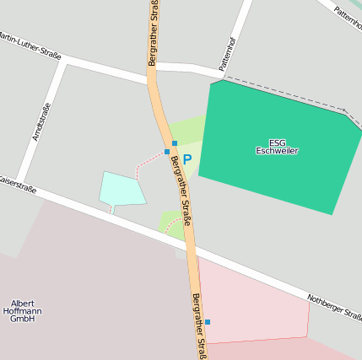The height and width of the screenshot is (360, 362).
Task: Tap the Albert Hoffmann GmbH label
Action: [x=23, y=311]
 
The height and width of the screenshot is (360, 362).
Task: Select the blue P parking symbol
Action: [x=187, y=159]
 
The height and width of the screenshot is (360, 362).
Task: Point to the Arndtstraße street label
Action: [x=41, y=121]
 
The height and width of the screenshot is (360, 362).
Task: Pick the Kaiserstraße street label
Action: [x=17, y=185]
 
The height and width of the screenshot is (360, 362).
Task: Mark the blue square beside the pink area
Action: [x=208, y=322]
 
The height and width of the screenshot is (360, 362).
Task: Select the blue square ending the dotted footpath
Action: [x=167, y=152]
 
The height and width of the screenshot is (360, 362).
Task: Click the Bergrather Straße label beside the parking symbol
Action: [x=181, y=191]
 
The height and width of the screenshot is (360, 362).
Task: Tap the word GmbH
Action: [x=23, y=320]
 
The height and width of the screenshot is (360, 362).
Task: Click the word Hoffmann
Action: [x=23, y=311]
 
